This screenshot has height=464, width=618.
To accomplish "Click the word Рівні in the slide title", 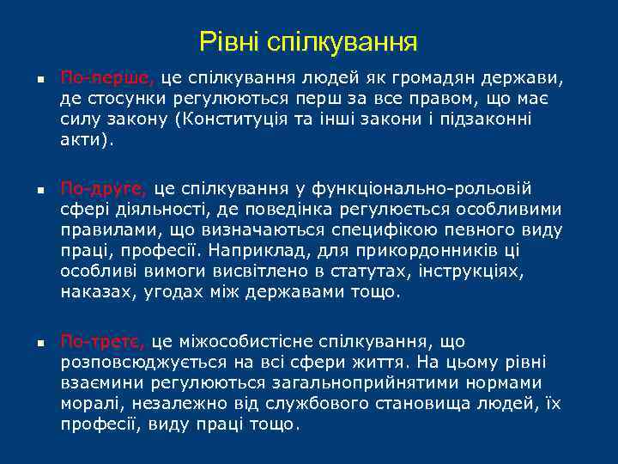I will point(229,40).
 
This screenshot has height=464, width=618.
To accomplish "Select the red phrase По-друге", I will point(104,188).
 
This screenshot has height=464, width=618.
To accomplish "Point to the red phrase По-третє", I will point(104,342).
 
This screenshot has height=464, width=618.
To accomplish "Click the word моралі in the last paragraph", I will point(88,404).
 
